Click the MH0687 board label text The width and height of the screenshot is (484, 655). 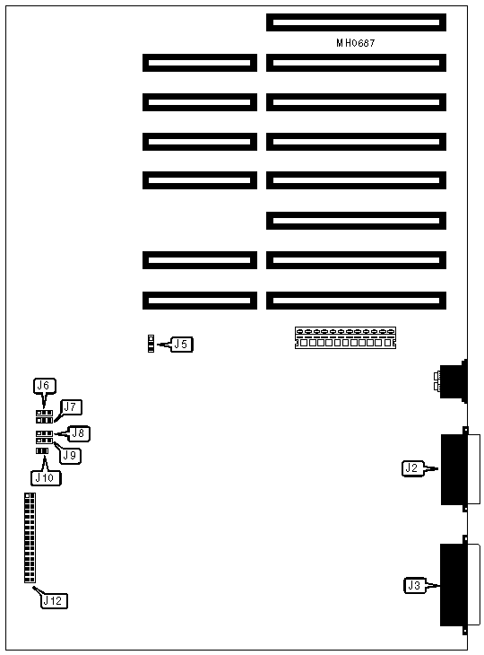coord(356,42)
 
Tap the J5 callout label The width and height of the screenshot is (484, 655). coord(181,345)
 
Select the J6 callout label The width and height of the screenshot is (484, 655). coord(44,386)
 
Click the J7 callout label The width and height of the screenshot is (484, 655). coord(71,406)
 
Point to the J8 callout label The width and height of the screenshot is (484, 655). coord(79,433)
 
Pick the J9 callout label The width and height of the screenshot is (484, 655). coord(70,455)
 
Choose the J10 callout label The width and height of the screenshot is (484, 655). coord(46,477)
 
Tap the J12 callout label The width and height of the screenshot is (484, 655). coord(54,600)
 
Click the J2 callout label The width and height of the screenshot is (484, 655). coord(412,468)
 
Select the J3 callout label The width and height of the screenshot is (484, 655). coord(414,585)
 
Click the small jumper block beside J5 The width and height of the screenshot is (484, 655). coord(151,344)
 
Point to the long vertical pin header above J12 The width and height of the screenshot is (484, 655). coord(30,537)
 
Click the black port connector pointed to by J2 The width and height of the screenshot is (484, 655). coord(454,469)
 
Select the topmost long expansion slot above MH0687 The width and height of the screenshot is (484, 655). coord(356,22)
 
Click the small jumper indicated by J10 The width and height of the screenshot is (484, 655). coord(42,450)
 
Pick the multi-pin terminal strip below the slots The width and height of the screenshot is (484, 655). coord(345,338)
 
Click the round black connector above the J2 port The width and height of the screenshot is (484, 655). coord(454,381)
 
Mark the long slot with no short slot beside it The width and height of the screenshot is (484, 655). coord(356,221)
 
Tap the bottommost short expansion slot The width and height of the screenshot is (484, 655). coord(200,301)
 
